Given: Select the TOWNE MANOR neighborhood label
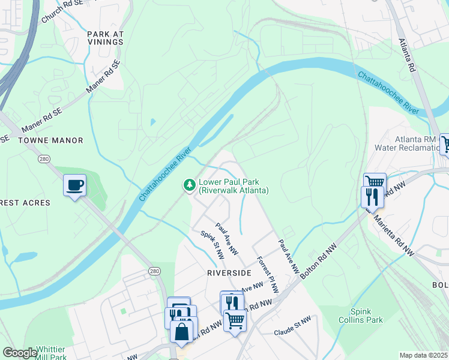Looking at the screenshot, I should tap(50, 140).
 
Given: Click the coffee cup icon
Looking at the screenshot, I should tap(75, 185).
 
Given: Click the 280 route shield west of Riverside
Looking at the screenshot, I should tap(154, 272).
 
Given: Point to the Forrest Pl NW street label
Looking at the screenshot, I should tap(267, 275).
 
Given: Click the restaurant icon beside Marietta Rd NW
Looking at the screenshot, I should tap(372, 197).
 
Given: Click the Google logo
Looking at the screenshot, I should tap(20, 353).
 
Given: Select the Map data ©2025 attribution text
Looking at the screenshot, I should tap(423, 355).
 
